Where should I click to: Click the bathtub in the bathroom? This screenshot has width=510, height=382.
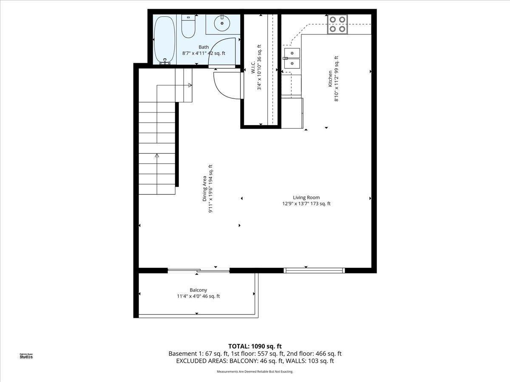coord(164,39)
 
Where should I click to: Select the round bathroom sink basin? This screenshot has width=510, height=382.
coord(222,24)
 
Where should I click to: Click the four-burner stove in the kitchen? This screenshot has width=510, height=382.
coord(337,24)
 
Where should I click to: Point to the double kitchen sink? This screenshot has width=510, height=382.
coord(292,58)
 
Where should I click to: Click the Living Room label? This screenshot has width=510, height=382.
coord(306,197)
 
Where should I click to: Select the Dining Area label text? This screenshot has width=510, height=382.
coord(204,189)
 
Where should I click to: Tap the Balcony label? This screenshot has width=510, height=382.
coord(198,290)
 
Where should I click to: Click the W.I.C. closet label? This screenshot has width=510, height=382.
coord(252,67)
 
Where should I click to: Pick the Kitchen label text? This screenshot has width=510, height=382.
coord(330,79)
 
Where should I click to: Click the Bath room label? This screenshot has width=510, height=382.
coord(204,47)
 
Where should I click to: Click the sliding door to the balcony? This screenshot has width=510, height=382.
coord(198,270)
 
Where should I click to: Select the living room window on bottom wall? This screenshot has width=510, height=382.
coord(314,270)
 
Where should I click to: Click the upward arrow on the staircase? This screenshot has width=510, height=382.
coord(157,156)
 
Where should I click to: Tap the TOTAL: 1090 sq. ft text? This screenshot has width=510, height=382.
coord(255,346)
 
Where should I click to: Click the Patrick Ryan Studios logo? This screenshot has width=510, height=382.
coord(26,356)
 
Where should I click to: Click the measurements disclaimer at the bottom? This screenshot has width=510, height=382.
coord(255,372)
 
